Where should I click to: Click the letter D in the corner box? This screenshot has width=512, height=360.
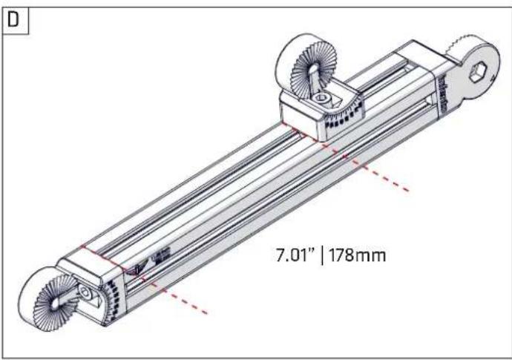[13, 20]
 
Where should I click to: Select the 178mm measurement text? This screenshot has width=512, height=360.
[357, 255]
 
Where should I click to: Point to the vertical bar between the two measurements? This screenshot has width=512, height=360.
[323, 256]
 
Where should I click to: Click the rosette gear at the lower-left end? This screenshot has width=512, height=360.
[56, 303]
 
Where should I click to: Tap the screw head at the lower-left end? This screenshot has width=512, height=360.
[86, 293]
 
